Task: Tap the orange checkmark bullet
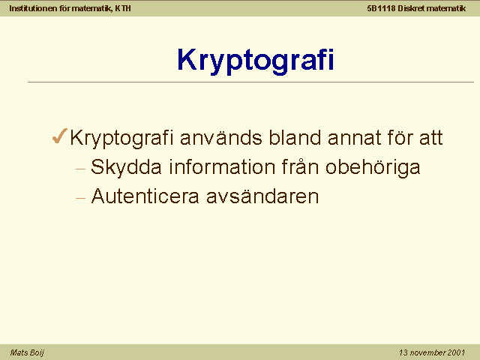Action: tap(59, 136)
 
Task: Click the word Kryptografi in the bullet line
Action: tap(121, 138)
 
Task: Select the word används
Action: tap(221, 137)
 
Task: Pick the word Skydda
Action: tap(126, 168)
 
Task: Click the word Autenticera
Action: tap(145, 196)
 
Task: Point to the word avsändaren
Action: tap(262, 196)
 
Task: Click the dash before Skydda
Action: tap(80, 169)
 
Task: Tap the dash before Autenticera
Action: tap(80, 198)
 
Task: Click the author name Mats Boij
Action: tap(27, 353)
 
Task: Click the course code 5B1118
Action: tap(382, 8)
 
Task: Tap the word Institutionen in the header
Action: tap(33, 8)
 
